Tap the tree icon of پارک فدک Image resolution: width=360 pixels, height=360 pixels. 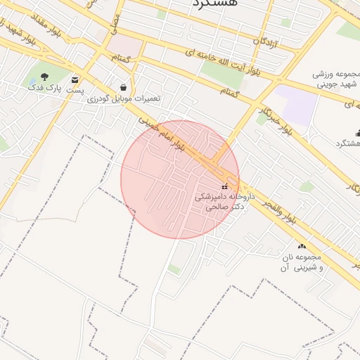pyautogui.click(x=45, y=77)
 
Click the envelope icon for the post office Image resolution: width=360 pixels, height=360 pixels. pyautogui.click(x=75, y=80)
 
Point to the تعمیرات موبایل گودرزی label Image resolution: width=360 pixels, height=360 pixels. pyautogui.click(x=124, y=98)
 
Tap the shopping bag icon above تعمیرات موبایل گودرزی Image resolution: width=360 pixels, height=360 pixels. pyautogui.click(x=124, y=87)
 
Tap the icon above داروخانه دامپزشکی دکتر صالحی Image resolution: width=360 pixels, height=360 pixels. pyautogui.click(x=225, y=186)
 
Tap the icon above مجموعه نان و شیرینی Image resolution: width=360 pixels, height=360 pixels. pyautogui.click(x=302, y=246)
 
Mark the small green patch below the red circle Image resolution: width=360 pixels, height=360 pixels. pyautogui.click(x=174, y=269)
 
